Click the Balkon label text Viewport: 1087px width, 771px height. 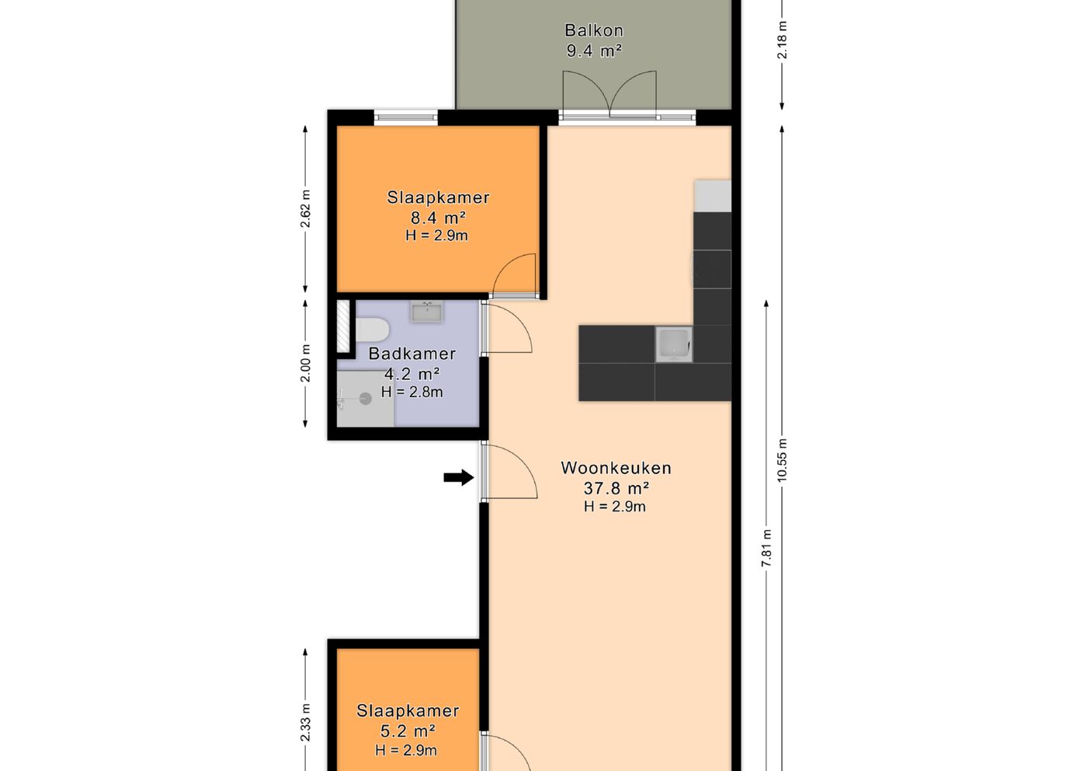click(594, 30)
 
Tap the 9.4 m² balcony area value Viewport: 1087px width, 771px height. click(594, 51)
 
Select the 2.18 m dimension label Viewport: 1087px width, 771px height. click(782, 40)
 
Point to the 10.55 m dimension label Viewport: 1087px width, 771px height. click(782, 460)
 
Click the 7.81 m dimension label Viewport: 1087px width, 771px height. click(766, 548)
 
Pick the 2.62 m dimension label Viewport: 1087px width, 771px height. click(305, 209)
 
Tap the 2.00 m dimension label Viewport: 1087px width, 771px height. click(305, 364)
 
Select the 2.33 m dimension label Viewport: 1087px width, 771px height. click(305, 723)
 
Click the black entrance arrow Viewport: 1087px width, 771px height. click(459, 477)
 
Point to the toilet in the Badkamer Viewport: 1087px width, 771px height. click(372, 330)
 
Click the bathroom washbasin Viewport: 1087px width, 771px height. click(426, 312)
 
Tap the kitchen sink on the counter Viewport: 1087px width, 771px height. click(674, 344)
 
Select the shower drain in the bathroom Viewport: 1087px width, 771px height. click(366, 399)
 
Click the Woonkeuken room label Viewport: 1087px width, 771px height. click(616, 468)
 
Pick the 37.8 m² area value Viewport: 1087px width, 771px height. click(616, 488)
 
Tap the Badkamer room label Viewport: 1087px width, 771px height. click(412, 354)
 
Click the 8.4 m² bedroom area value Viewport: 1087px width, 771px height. click(438, 218)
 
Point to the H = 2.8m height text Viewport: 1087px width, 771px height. click(412, 392)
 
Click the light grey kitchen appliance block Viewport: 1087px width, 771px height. click(713, 196)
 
